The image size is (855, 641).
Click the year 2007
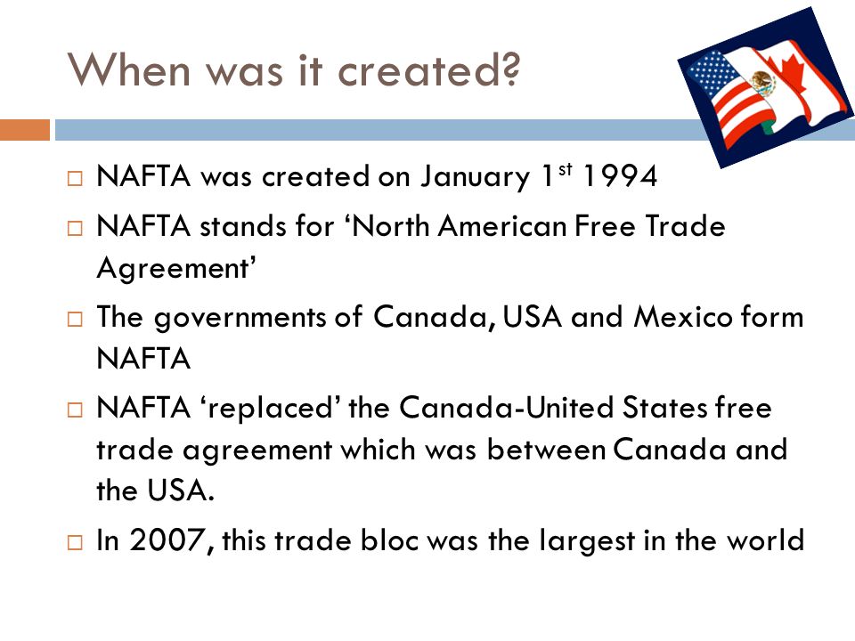click(163, 540)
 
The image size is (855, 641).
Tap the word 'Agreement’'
click(177, 272)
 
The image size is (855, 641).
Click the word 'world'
click(765, 540)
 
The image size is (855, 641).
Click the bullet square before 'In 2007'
click(75, 541)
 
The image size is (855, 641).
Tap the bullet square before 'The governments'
click(75, 319)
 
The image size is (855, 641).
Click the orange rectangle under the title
click(24, 131)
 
